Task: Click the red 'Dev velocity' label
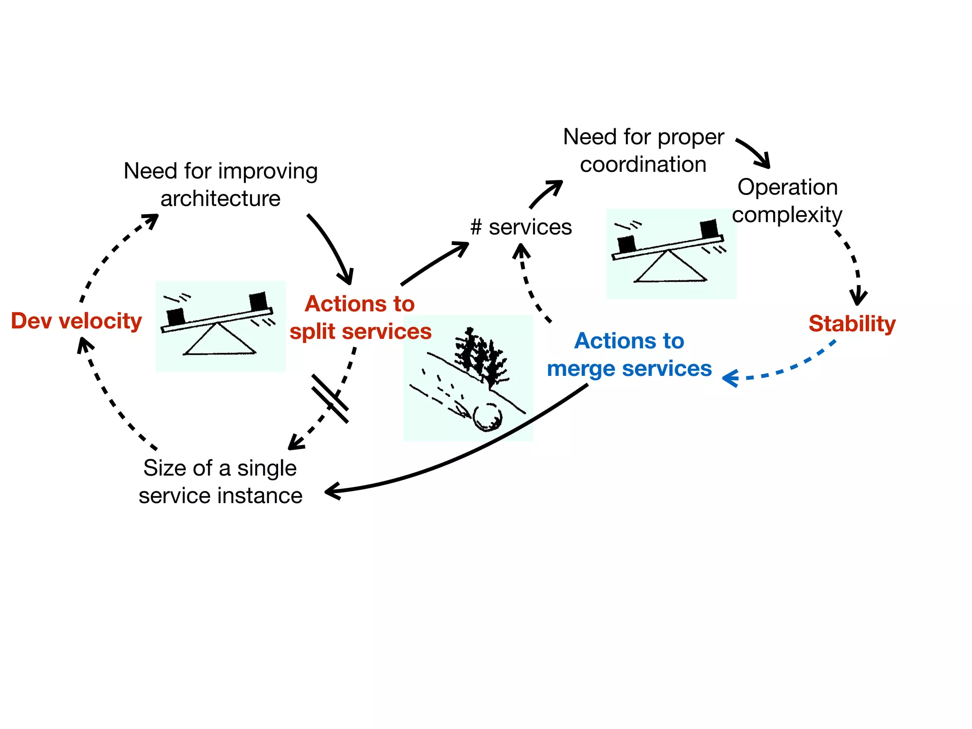pos(76,321)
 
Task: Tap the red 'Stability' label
pos(852,324)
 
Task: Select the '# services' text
pos(521,227)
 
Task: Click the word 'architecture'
pos(220,199)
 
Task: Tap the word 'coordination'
pos(643,165)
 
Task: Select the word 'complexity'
pos(787,215)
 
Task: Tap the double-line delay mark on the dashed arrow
pos(330,399)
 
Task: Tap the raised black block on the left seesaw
pos(258,301)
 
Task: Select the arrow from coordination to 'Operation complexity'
pos(755,152)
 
